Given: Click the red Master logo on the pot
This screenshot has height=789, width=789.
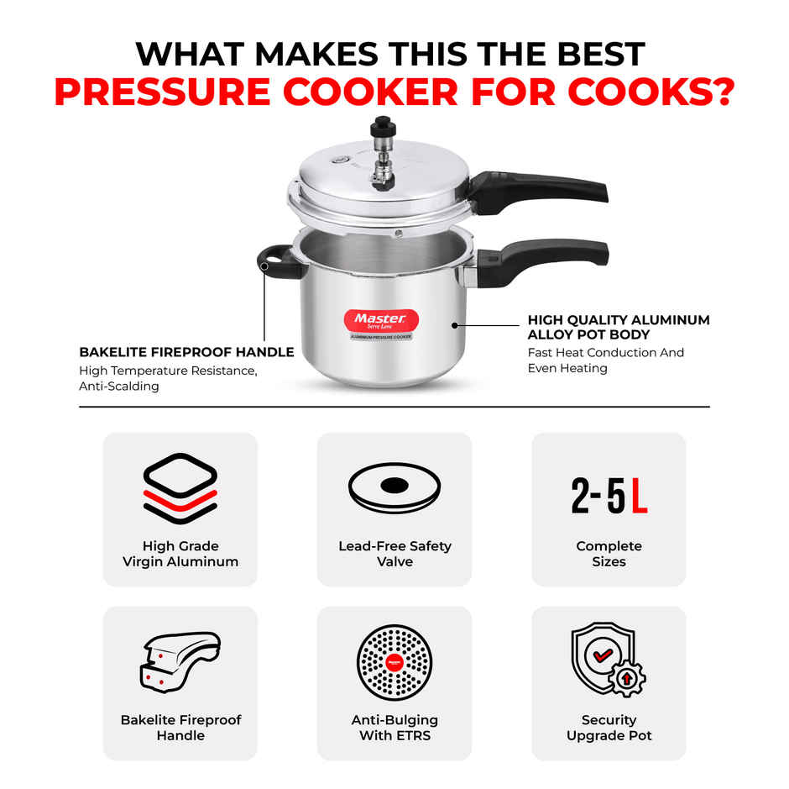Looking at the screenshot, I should [x=380, y=320].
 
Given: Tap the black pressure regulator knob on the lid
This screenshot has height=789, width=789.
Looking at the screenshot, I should [x=384, y=125].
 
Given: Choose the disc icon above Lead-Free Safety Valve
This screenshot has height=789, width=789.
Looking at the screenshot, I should [x=394, y=487].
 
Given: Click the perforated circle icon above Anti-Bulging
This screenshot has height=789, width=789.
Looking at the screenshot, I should [x=394, y=662].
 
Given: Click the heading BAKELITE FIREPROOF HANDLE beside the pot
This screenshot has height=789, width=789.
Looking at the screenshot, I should [x=186, y=352].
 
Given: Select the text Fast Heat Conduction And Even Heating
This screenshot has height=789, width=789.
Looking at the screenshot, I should [x=605, y=360].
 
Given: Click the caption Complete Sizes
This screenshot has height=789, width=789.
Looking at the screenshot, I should [x=609, y=554].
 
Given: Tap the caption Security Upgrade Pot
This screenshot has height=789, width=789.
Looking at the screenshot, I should [x=609, y=728].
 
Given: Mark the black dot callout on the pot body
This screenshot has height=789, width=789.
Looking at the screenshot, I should [x=454, y=323].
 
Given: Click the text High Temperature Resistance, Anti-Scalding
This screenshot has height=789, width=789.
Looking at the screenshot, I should [x=168, y=378].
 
